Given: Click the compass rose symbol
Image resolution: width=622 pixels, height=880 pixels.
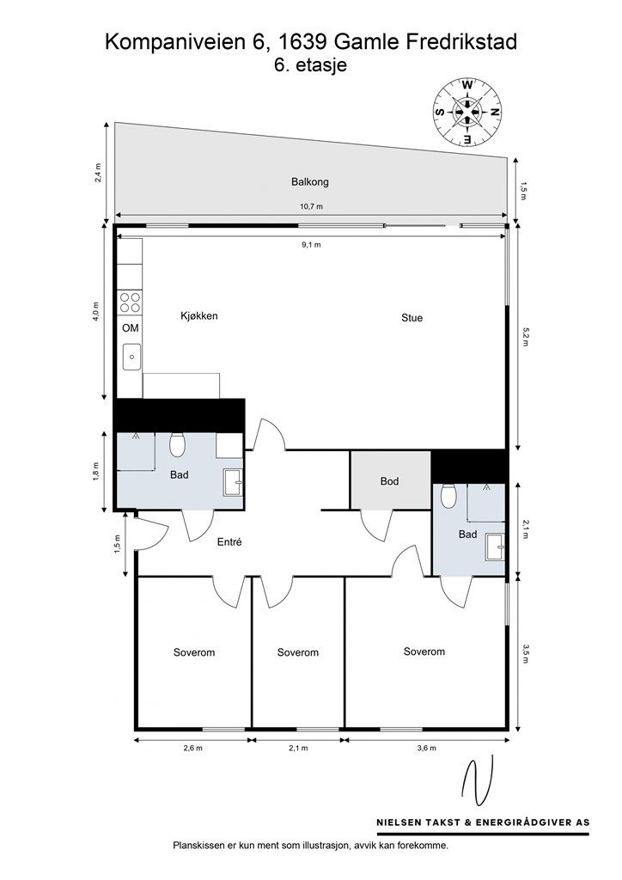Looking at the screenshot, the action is tap(467, 112).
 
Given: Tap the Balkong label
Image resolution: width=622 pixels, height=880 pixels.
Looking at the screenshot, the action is tap(309, 182).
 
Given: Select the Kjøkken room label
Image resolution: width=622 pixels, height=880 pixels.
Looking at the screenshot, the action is tap(198, 315).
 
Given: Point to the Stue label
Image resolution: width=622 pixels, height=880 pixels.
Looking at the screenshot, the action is tap(412, 318).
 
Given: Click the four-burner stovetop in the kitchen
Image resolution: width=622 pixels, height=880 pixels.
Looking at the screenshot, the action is tap(130, 302).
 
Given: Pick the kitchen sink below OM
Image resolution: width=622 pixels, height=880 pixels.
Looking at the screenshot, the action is tap(131, 357).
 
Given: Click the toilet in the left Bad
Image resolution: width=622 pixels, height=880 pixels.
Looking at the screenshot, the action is tap(177, 444).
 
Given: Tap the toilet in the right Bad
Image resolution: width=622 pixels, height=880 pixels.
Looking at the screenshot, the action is tap(448, 496).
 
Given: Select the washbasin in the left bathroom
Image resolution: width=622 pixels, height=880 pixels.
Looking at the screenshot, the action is tap(233, 483).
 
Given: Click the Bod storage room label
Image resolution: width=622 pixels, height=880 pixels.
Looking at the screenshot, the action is tap(389, 481).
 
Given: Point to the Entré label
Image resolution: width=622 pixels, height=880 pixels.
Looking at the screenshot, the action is tap(229, 542).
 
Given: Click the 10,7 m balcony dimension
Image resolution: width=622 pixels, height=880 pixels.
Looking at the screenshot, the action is tap(311, 206).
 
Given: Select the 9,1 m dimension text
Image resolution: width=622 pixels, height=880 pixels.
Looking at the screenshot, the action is tap(310, 245).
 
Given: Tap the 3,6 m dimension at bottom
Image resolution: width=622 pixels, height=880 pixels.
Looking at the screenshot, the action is tap(426, 749).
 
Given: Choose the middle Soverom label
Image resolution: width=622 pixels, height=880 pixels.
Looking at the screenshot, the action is tap(298, 653).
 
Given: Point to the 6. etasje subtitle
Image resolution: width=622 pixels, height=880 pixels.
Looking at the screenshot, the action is tap(310, 65).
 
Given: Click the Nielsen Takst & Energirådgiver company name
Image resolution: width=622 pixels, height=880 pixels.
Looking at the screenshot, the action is tap(483, 822).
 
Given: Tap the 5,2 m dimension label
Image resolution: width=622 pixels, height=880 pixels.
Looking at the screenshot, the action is tap(525, 337).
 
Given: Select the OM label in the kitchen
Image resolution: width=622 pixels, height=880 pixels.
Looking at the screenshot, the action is tap(130, 327).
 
